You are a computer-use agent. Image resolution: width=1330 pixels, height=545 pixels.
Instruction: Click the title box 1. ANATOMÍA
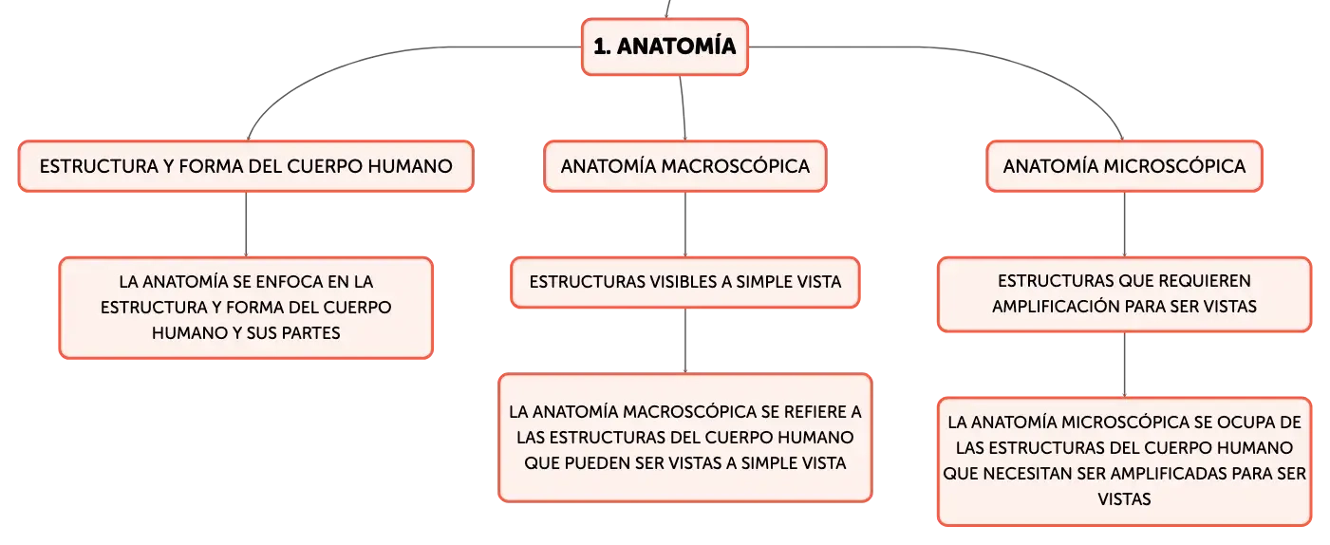coord(665,47)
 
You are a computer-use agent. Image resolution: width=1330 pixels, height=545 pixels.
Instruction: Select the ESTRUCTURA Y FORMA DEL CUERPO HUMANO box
coord(246,166)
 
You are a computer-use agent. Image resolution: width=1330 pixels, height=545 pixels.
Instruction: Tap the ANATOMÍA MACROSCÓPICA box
coord(685,166)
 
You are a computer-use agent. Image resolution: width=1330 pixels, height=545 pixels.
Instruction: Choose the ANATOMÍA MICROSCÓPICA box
coord(1124,166)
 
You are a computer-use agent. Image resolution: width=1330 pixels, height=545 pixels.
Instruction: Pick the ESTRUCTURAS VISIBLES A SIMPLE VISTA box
coord(685,282)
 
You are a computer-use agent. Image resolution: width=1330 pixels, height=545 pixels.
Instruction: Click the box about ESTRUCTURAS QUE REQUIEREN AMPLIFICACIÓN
coord(1124,294)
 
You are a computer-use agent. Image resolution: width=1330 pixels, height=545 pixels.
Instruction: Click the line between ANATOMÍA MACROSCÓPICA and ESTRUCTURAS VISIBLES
coord(685,224)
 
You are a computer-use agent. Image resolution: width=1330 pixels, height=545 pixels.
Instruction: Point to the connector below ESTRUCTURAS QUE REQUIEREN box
coord(1124,365)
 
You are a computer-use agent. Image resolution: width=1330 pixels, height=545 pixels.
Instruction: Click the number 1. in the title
coord(602,47)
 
